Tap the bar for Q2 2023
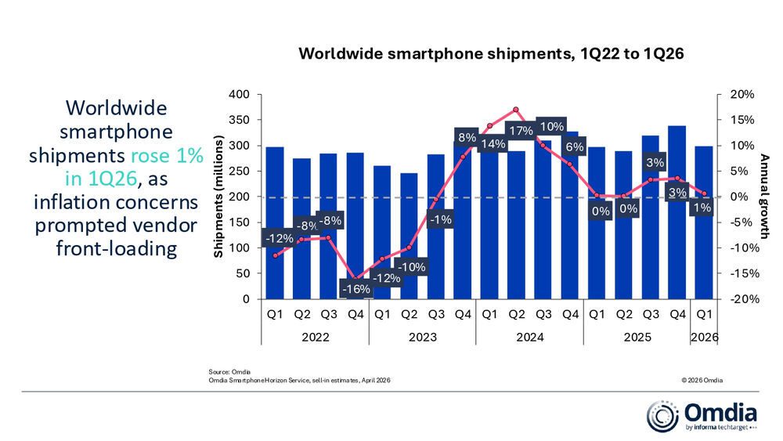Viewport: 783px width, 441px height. pos(409,235)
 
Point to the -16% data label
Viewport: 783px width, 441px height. pos(356,289)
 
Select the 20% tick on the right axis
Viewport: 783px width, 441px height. pos(743,95)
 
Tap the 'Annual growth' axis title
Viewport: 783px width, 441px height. pos(766,197)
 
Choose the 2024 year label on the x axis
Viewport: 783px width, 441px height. pos(529,338)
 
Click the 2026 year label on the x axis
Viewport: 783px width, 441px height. pos(705,338)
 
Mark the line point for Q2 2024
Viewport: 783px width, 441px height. pos(516,110)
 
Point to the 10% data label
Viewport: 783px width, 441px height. pos(553,127)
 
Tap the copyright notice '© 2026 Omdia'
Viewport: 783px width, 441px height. pos(702,380)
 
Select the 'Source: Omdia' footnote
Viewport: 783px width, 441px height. pos(228,371)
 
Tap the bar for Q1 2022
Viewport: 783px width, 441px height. pos(275,223)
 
